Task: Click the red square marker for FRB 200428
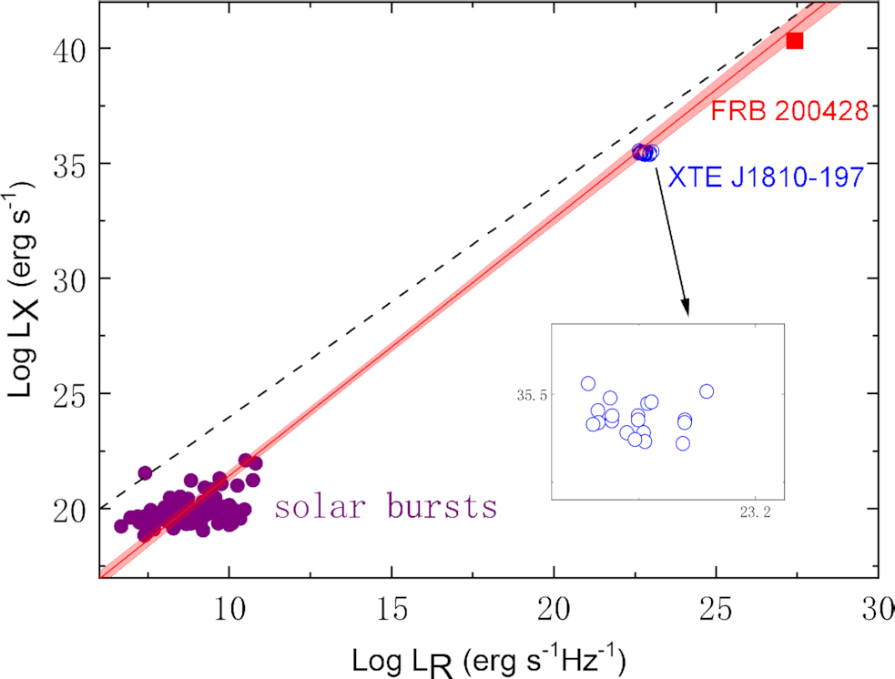pos(795,41)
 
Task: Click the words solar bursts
pos(386,506)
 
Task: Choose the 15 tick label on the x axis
pos(392,607)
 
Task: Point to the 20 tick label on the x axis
pos(554,607)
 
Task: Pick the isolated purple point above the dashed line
pos(145,472)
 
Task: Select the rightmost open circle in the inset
pos(707,391)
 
